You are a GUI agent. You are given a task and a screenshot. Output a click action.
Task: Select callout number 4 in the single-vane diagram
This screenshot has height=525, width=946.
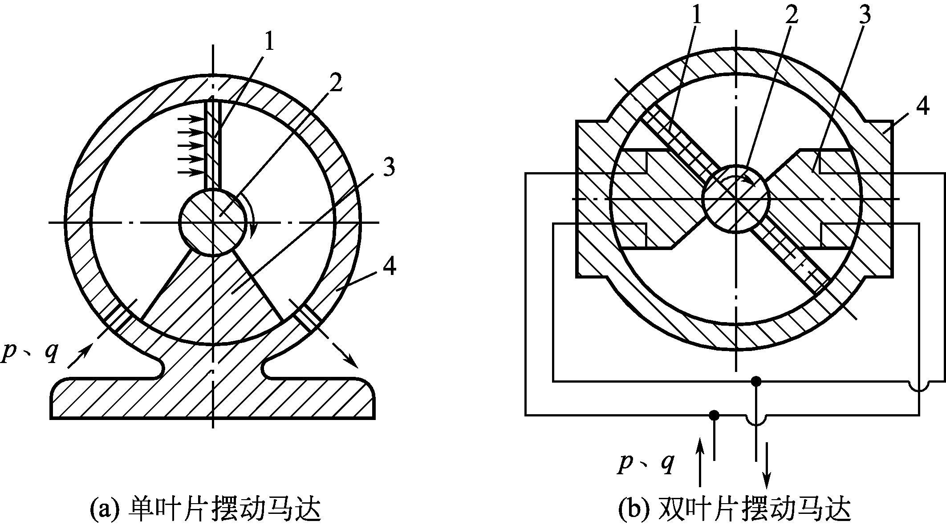(x=389, y=266)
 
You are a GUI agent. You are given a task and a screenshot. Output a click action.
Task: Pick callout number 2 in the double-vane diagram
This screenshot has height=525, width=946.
(x=791, y=14)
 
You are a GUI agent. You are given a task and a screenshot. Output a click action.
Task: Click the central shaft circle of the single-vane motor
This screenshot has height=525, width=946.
(x=213, y=222)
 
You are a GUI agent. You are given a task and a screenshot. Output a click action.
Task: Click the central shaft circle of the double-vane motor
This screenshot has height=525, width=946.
(x=735, y=198)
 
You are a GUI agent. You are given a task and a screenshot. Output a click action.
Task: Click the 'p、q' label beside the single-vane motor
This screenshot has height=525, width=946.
(x=29, y=354)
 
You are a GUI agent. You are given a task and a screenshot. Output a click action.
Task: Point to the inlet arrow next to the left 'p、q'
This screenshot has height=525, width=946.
(x=80, y=355)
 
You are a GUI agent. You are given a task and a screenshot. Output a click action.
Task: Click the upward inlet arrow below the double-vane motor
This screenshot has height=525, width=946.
(x=700, y=462)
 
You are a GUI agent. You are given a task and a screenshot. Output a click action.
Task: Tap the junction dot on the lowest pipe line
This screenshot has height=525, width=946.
(x=714, y=415)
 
